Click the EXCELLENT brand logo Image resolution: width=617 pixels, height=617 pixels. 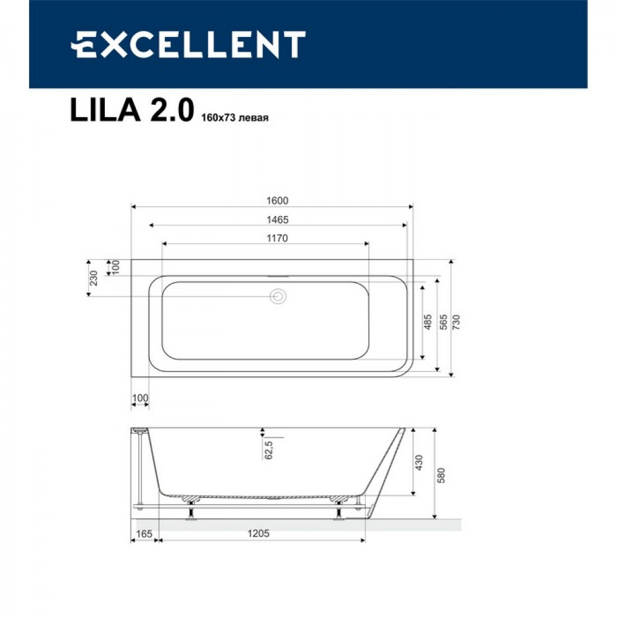coord(188,44)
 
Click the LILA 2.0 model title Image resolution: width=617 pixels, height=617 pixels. coord(132,110)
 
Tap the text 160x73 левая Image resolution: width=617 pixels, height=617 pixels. coord(235,118)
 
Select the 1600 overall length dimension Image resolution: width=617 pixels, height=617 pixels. coord(278,201)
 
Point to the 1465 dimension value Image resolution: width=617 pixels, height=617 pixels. coord(278,220)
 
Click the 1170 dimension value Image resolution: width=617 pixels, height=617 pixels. coord(278,238)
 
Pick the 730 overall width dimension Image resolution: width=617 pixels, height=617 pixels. coord(456,322)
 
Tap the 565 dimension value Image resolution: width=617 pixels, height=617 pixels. coord(443,322)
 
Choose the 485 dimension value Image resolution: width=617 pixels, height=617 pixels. coord(428,322)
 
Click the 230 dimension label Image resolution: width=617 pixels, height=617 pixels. coord(94,278)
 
